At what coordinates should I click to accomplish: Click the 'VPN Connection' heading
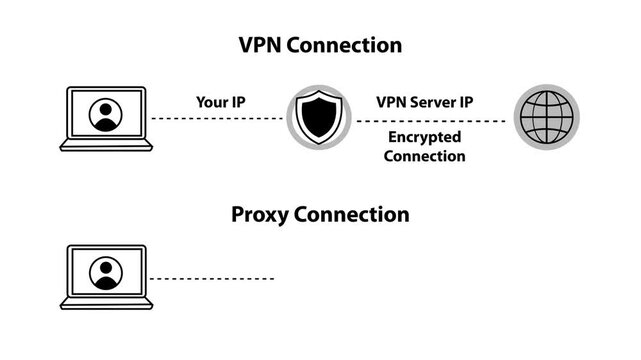[320, 45]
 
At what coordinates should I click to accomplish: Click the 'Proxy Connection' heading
[320, 214]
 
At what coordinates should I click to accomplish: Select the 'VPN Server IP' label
[426, 102]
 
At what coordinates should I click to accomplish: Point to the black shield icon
[319, 118]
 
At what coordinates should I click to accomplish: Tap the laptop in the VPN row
[105, 118]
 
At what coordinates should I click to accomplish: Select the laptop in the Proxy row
[105, 276]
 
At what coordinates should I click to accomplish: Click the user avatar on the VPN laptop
[105, 114]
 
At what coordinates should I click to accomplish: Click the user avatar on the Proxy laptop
[105, 272]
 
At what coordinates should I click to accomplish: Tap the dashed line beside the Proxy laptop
[211, 278]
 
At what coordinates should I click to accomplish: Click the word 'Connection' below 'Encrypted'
[426, 156]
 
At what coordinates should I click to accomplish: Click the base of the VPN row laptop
[105, 145]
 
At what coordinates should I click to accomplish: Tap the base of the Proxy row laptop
[105, 303]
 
